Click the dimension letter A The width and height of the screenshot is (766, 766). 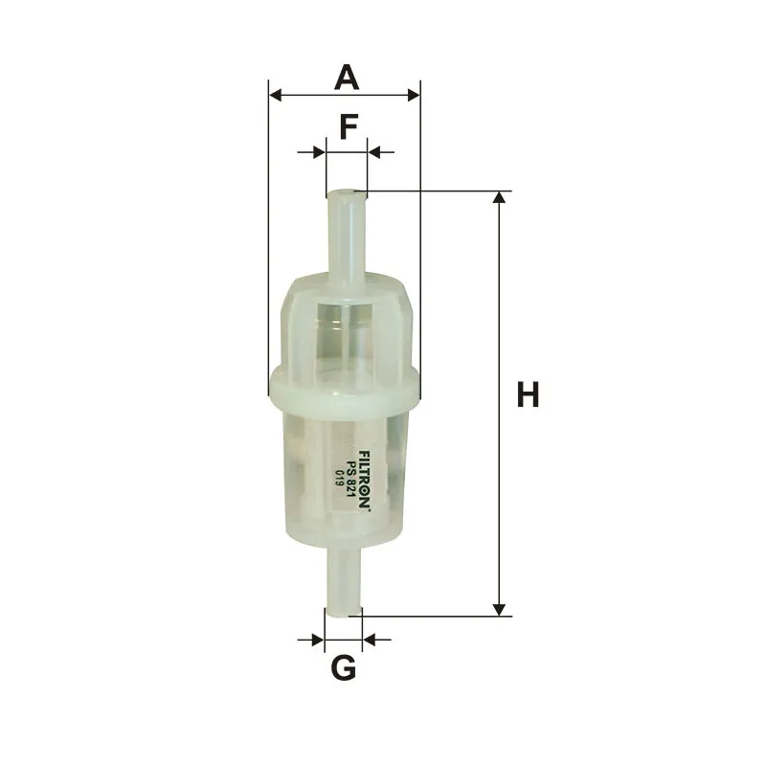tap(347, 77)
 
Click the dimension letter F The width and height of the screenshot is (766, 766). tap(349, 127)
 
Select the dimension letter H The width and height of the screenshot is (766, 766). tap(528, 394)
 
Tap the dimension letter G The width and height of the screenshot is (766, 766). tap(344, 667)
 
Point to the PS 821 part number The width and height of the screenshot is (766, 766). tap(349, 480)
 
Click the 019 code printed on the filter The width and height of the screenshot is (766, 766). tap(337, 477)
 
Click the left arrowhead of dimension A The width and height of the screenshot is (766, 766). tap(275, 95)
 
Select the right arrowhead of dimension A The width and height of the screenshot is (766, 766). tap(414, 95)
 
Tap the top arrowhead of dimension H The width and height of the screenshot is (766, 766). tap(499, 197)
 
